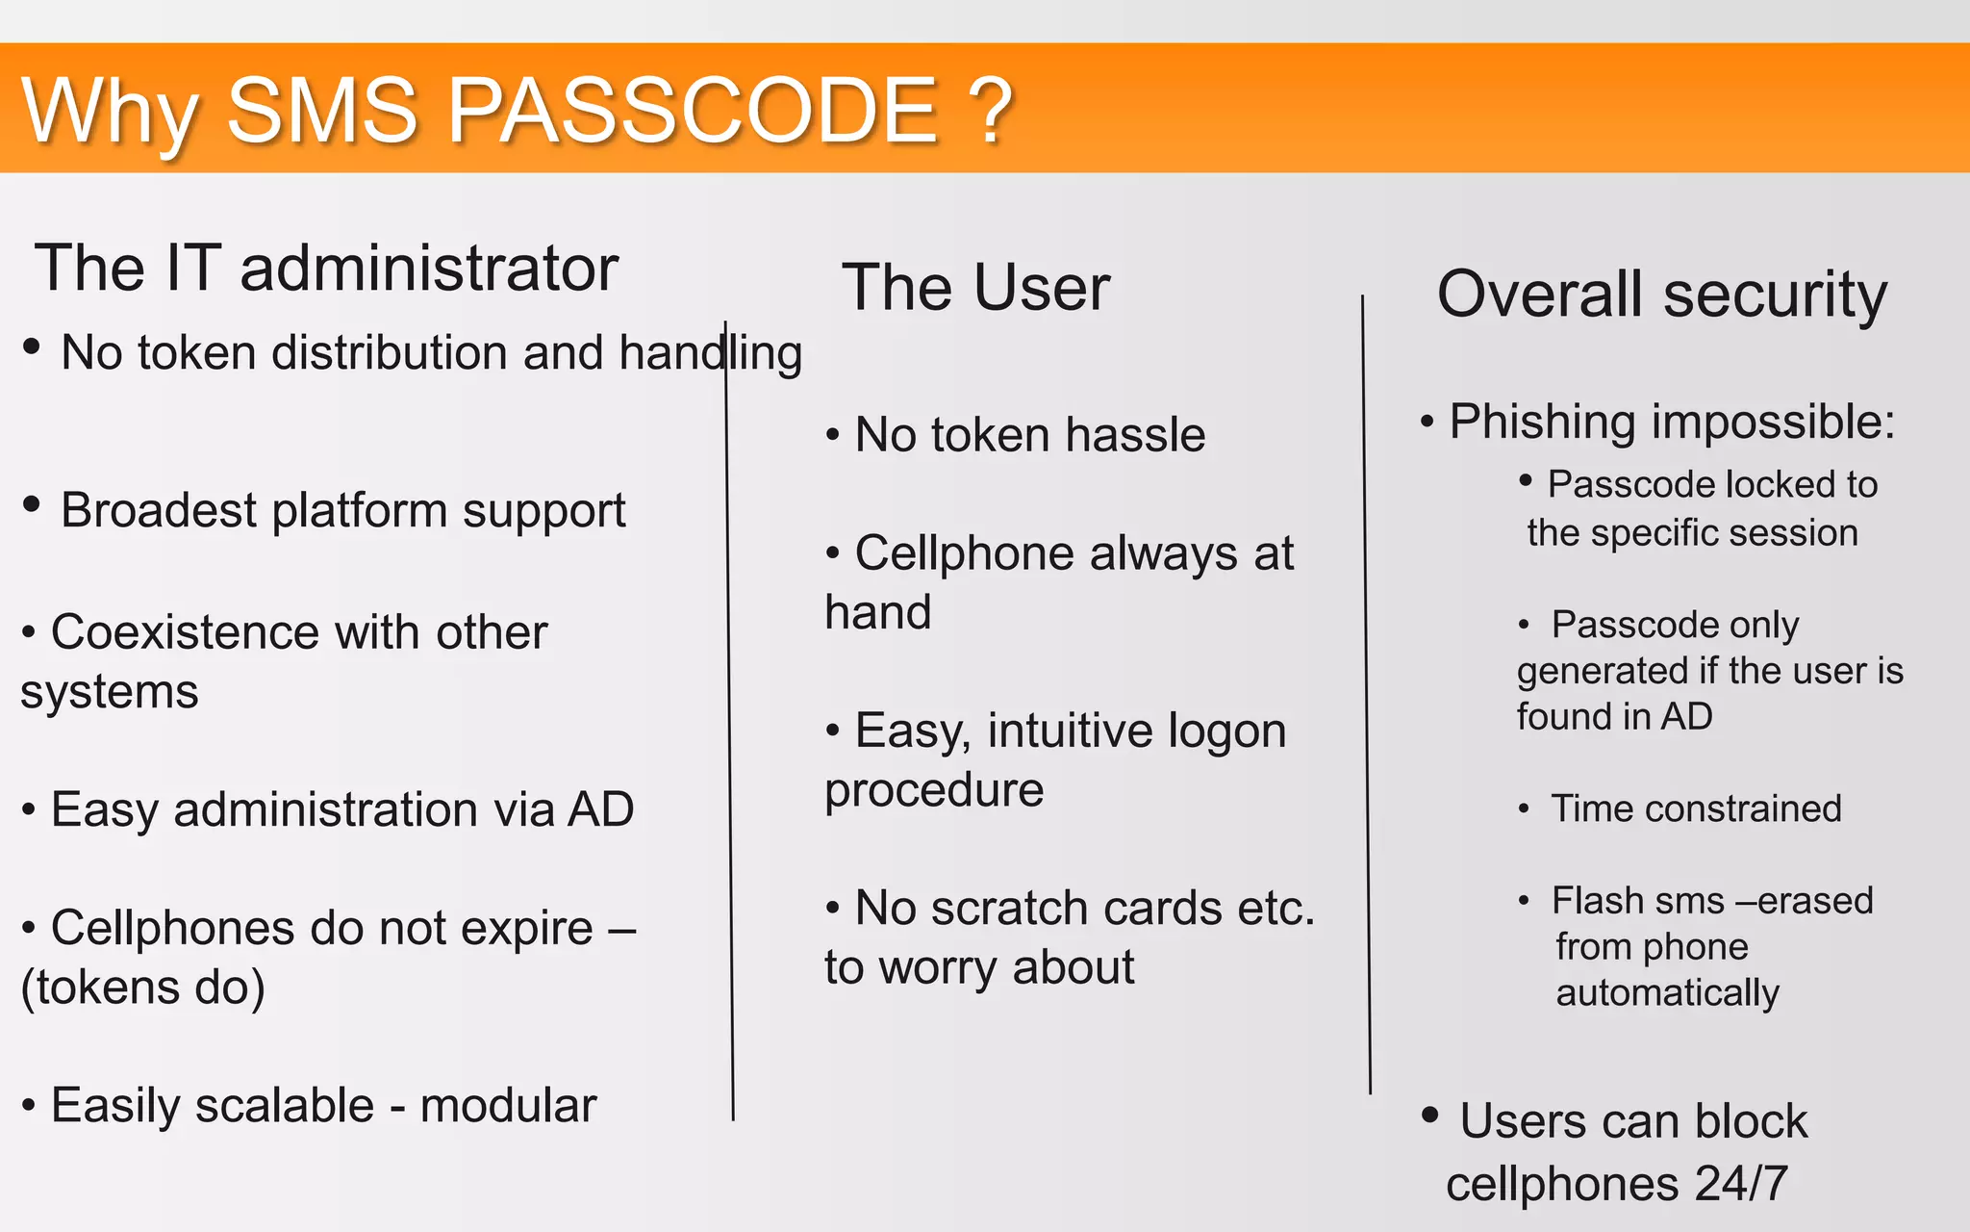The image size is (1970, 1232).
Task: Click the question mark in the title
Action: point(990,111)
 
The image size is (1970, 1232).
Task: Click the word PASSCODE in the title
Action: point(692,111)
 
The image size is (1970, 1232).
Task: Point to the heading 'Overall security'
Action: point(1661,294)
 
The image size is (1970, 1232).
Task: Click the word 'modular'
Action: point(508,1105)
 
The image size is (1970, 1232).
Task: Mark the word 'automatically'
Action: point(1667,992)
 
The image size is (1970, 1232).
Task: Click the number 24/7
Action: point(1741,1183)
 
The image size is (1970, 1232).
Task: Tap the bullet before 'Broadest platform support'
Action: point(32,503)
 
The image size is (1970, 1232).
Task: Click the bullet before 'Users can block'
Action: point(1430,1115)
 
